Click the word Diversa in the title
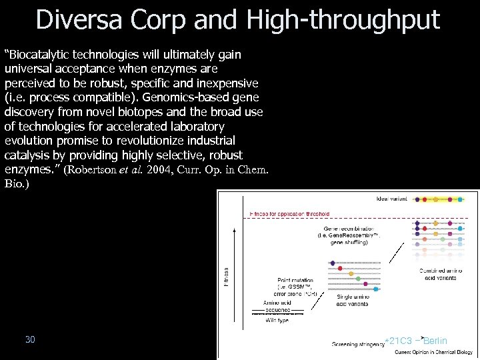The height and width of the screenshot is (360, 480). pyautogui.click(x=79, y=19)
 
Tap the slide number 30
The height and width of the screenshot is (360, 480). pyautogui.click(x=30, y=339)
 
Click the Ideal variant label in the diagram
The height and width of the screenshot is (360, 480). pyautogui.click(x=392, y=199)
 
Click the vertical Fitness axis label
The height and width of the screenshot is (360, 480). pyautogui.click(x=225, y=274)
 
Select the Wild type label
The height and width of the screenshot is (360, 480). pyautogui.click(x=279, y=319)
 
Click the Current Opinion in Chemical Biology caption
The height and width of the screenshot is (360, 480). pyautogui.click(x=433, y=351)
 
